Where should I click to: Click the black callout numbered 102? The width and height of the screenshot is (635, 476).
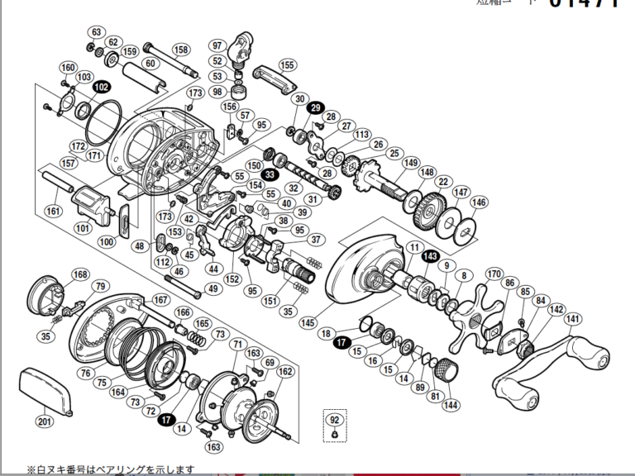[101, 87]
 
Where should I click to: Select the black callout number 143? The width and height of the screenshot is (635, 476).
[429, 257]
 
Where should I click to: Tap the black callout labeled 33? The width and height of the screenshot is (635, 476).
[270, 174]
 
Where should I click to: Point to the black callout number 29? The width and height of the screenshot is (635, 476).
[315, 107]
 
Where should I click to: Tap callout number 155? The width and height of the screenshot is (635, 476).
[287, 64]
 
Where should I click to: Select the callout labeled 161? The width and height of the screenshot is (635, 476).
[54, 212]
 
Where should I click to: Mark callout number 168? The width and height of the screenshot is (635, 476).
[79, 274]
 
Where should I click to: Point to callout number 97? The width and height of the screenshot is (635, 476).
[217, 45]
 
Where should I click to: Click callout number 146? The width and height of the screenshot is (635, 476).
[478, 202]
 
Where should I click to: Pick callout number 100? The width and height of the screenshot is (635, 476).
[106, 241]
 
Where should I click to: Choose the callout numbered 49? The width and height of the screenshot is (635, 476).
[212, 288]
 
